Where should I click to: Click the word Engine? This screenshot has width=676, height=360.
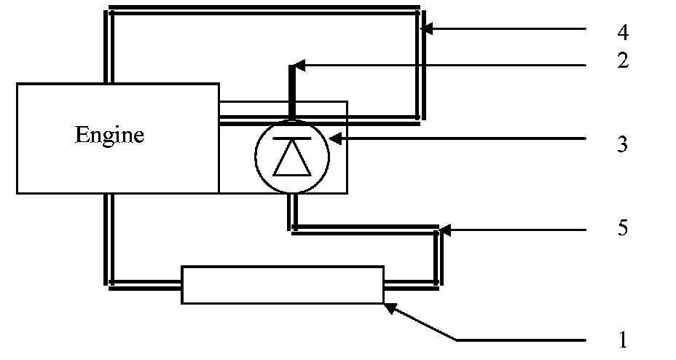109,136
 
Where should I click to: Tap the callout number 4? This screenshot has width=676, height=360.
622,33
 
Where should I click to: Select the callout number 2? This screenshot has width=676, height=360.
622,60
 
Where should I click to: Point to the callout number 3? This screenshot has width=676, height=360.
622,144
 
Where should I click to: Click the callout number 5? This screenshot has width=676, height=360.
622,228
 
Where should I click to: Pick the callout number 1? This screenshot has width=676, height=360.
622,339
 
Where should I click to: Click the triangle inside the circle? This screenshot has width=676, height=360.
291,159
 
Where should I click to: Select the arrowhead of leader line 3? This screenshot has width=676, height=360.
334,138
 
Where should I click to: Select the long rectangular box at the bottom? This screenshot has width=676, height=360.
283,284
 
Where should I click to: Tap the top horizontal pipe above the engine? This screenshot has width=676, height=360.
262,10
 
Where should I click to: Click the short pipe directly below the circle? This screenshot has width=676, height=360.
292,213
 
